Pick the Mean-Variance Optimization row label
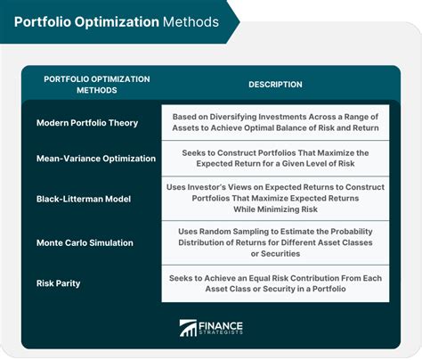(x=96, y=158)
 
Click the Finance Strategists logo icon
(x=190, y=328)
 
